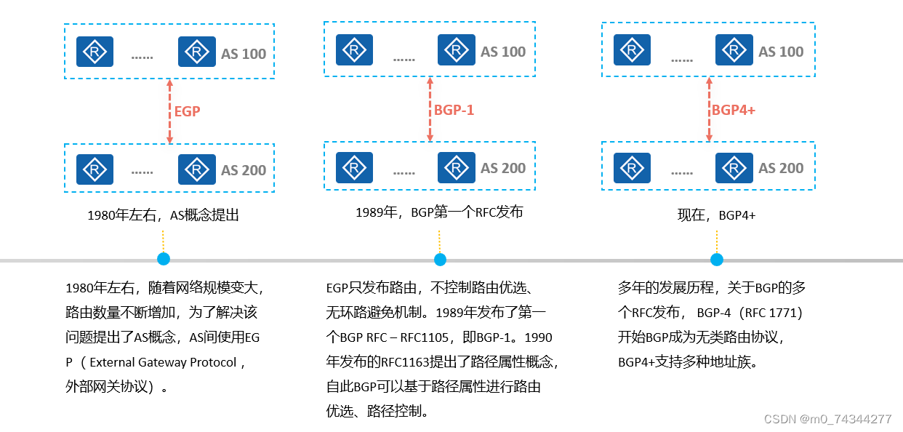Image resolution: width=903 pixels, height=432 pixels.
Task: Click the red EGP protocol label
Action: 187,111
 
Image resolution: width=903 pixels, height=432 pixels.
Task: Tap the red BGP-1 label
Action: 454,110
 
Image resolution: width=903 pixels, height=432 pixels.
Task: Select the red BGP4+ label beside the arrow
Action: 734,110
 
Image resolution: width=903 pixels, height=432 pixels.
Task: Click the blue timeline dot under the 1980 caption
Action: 164,259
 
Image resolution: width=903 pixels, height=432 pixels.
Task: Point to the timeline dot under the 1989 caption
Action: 440,260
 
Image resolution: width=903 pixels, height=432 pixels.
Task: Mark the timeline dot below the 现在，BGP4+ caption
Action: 717,260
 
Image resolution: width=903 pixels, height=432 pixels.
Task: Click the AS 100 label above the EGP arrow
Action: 244,54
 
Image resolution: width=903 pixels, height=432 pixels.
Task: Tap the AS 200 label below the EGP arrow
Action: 244,170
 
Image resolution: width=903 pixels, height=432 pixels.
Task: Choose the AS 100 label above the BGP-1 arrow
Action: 503,52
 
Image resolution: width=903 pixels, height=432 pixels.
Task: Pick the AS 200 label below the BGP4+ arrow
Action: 781,168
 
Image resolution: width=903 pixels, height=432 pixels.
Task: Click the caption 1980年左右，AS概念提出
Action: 163,215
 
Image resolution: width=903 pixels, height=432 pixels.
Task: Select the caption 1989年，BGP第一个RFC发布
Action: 439,212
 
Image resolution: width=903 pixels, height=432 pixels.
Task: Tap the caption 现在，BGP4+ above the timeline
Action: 717,215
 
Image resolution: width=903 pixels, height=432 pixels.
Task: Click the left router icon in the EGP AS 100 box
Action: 95,52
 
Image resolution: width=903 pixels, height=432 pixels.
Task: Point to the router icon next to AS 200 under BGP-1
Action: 457,168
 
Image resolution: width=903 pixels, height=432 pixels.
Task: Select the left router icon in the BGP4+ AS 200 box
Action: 632,168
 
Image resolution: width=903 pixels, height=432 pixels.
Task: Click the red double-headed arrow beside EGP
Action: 169,111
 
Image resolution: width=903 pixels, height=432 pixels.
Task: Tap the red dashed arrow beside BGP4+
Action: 710,110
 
